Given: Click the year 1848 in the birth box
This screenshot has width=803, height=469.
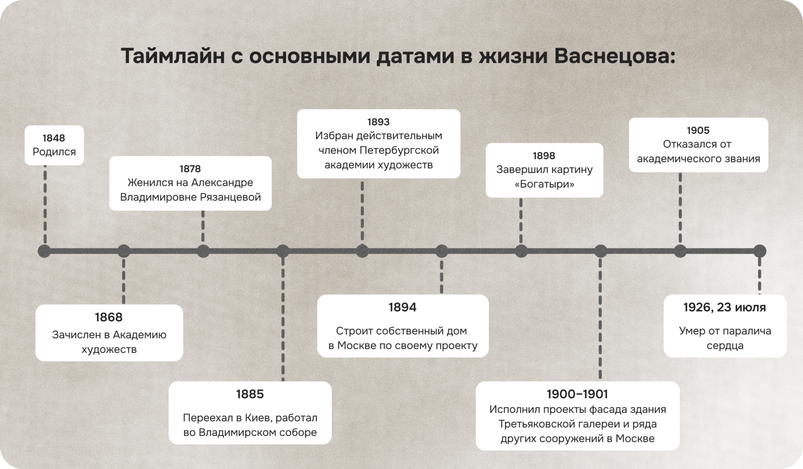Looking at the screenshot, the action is tap(54, 138).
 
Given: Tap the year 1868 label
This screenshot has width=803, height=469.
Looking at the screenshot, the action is tap(109, 317).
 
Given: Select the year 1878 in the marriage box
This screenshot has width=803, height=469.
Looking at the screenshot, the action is tap(190, 169).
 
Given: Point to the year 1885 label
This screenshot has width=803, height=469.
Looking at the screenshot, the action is tap(250, 394).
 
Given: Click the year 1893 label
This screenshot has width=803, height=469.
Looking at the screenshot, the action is tap(378, 122).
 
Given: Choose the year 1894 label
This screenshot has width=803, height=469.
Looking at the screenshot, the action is tap(402, 307).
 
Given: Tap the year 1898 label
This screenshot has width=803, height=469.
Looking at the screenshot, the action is tap(544, 156).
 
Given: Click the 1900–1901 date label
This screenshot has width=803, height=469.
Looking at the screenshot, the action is tap(577, 394).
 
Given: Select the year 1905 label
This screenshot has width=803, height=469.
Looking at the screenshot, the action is tap(698, 130).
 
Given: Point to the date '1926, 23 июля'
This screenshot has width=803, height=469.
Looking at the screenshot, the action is tap(725, 307).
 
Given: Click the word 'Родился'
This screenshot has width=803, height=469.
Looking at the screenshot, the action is tap(54, 152).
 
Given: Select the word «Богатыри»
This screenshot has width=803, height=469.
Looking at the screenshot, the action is tap(544, 184).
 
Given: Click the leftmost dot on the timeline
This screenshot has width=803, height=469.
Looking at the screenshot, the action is tap(44, 251).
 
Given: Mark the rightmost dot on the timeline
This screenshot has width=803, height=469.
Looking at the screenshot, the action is tap(760, 251).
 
